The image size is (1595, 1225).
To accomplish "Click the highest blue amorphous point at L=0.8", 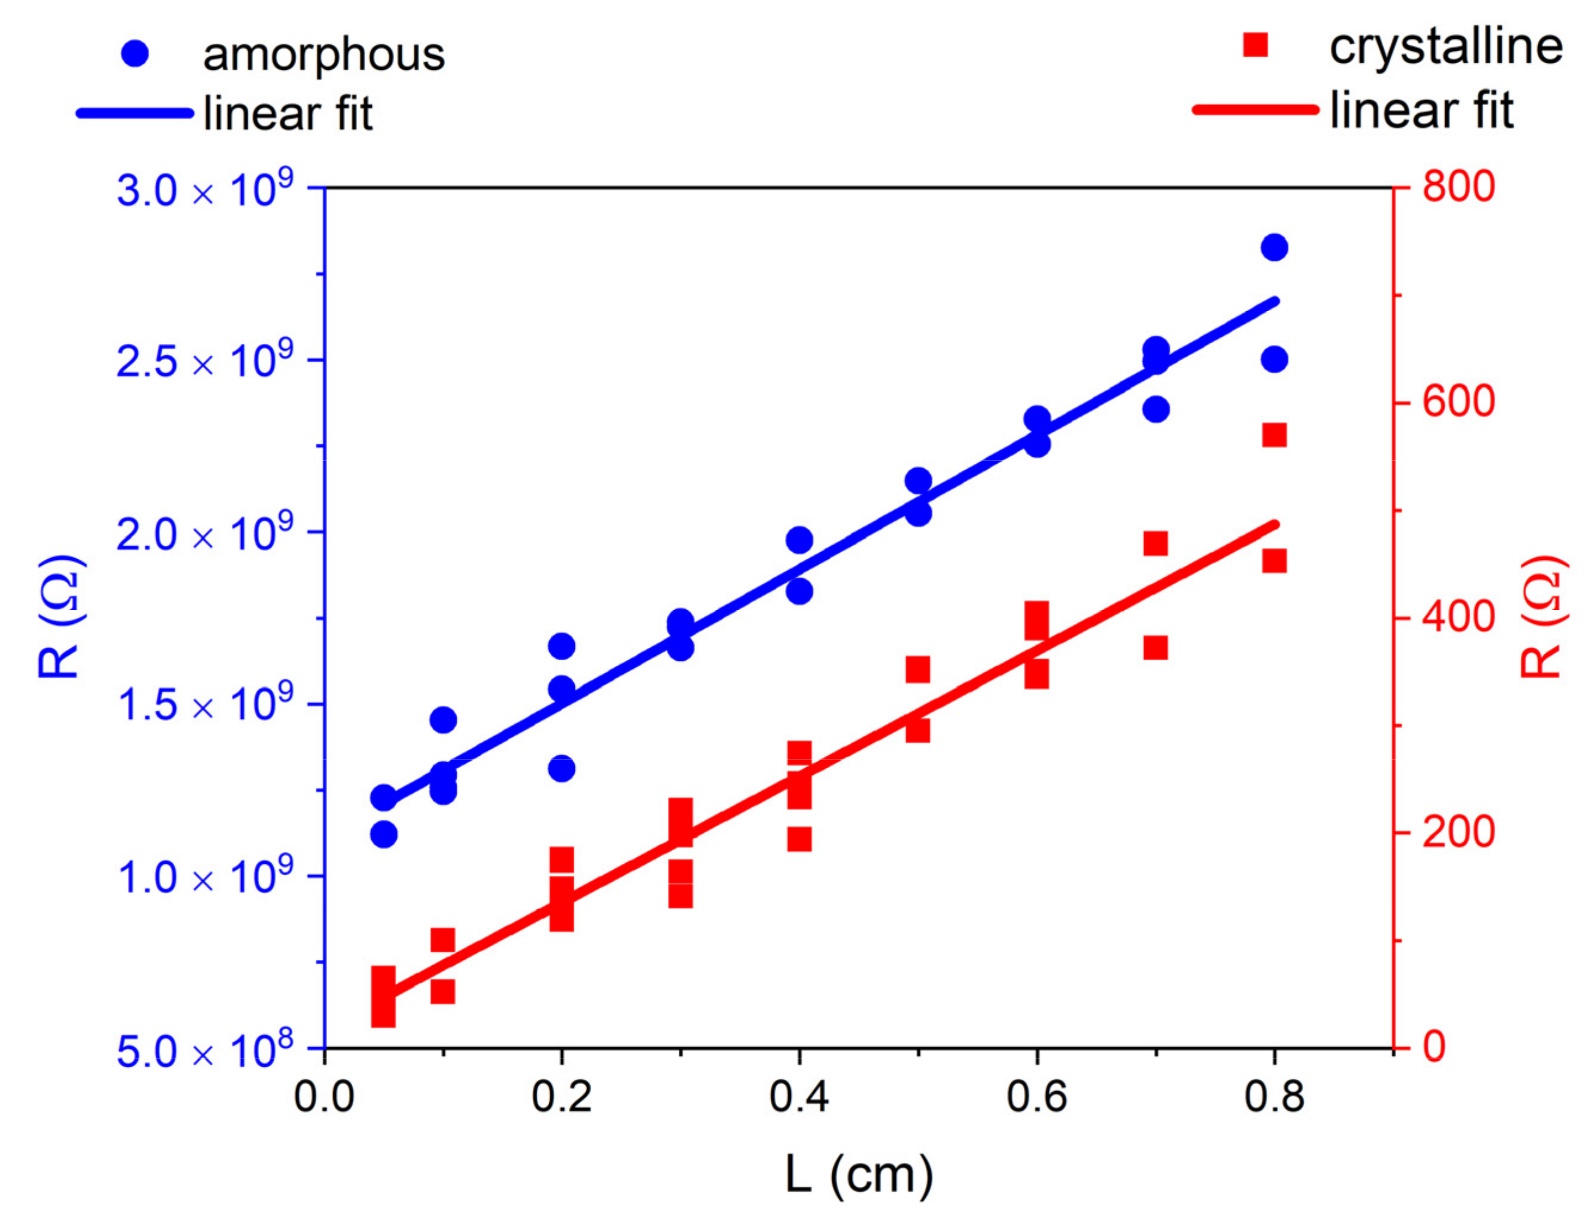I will (x=1273, y=247).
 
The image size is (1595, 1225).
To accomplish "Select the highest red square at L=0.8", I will (x=1273, y=435).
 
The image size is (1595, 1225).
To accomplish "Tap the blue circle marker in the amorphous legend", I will (x=135, y=54).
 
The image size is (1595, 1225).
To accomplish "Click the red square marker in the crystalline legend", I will (x=1255, y=45).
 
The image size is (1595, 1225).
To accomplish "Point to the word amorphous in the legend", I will (x=324, y=55).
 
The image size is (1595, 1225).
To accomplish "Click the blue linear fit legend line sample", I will (x=135, y=113).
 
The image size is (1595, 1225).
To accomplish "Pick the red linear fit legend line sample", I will (x=1255, y=110).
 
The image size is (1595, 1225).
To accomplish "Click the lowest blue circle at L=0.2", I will (x=561, y=768).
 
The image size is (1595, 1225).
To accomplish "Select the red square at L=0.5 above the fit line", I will (x=917, y=669).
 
